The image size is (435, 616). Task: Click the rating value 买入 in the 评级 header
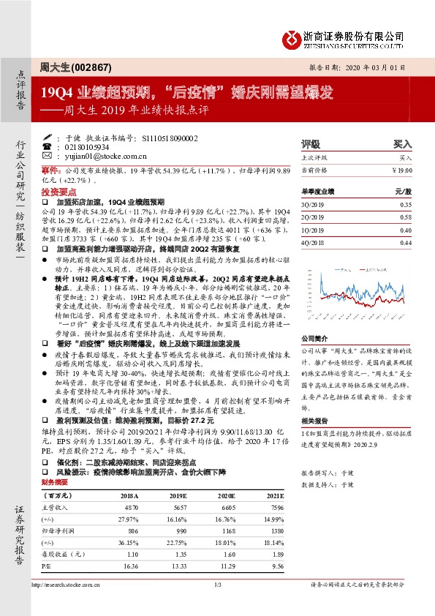pos(403,145)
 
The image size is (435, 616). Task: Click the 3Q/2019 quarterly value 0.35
pos(406,206)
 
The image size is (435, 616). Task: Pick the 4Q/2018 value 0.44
pos(406,243)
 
